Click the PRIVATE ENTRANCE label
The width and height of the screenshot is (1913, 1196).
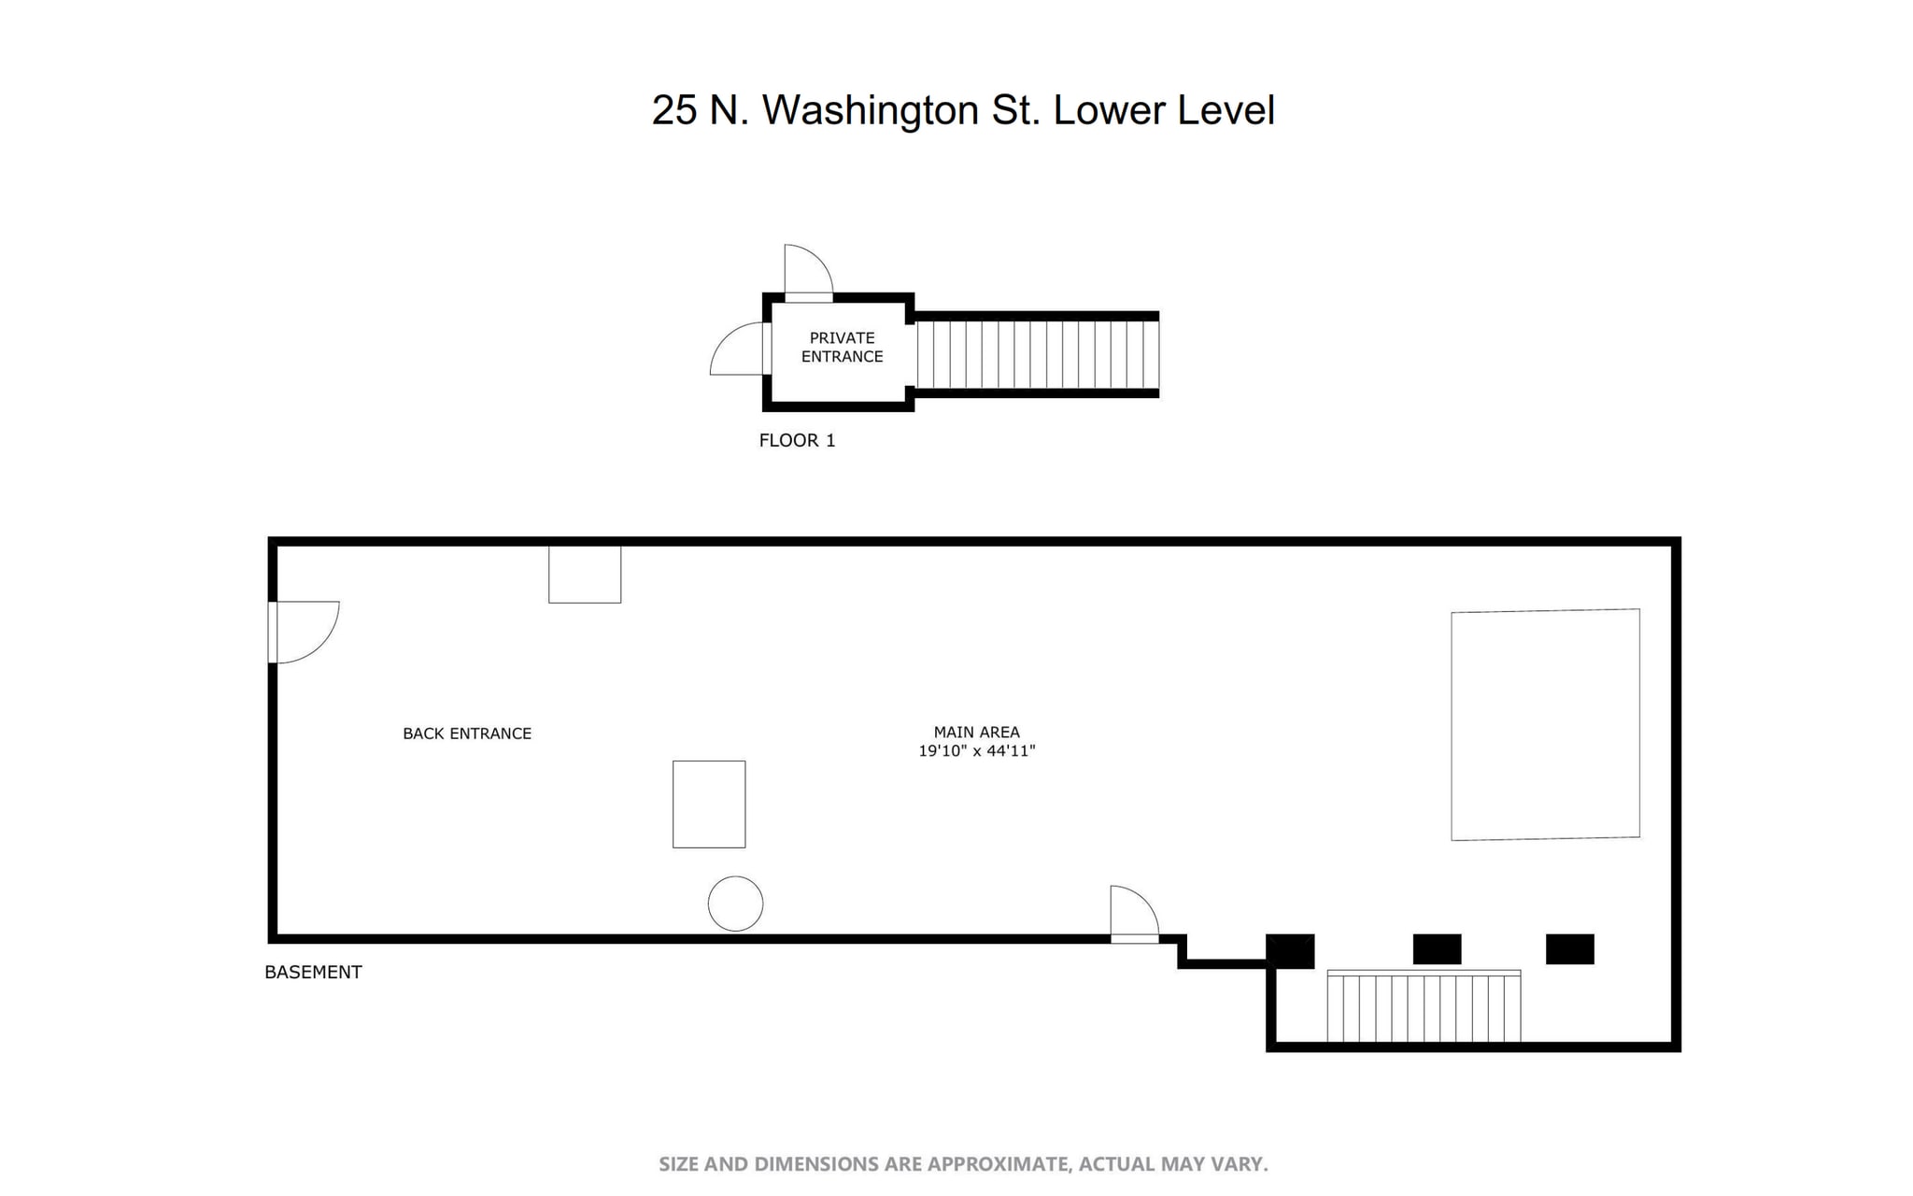(841, 347)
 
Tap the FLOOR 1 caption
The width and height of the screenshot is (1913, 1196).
(797, 440)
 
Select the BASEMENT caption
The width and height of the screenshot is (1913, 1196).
(313, 972)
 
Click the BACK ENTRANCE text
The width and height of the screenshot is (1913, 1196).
(467, 733)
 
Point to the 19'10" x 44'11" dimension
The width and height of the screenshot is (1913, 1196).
(976, 751)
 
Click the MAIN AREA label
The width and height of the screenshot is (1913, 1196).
(976, 733)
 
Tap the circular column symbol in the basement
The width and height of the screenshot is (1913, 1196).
(735, 904)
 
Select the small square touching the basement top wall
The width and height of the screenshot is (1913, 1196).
(585, 575)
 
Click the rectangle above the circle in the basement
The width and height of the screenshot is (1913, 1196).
(709, 804)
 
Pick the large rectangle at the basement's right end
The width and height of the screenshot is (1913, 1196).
(1545, 724)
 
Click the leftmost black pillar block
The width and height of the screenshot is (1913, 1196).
(1290, 950)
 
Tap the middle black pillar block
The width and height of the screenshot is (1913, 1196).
(1437, 949)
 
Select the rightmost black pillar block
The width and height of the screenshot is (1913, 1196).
(1569, 949)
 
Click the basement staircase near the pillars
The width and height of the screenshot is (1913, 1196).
(1424, 1007)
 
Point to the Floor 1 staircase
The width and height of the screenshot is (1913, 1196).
(1037, 355)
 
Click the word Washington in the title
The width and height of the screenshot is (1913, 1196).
(870, 110)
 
